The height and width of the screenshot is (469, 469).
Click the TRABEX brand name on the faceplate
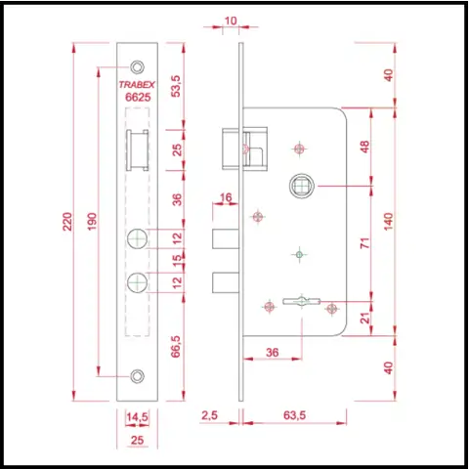coord(137,85)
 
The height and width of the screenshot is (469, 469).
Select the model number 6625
coord(138,97)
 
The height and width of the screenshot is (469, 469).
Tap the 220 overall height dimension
coord(67,222)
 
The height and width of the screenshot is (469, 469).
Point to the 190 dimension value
coord(93,222)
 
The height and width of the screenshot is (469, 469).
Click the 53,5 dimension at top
coord(176,86)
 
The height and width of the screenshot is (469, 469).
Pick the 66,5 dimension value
coord(176,347)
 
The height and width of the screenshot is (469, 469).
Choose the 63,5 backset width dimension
coord(294,415)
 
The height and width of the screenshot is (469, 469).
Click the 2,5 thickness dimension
coord(209,415)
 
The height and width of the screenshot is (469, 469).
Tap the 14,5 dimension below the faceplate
coord(137,417)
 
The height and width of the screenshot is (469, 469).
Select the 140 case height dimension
coord(389,222)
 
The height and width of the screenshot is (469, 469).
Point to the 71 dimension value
coord(365,243)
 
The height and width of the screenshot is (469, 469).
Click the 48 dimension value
coord(365,147)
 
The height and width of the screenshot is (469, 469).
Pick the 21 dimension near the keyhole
coord(366,318)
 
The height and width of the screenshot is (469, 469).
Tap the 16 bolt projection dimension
coord(226,197)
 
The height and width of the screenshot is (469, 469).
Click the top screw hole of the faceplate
coord(137,67)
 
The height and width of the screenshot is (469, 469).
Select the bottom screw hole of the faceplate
coord(137,376)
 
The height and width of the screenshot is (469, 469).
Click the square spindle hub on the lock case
coord(302,186)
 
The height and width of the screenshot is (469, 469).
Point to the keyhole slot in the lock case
coord(301,301)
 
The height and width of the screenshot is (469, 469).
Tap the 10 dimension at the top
coord(231,21)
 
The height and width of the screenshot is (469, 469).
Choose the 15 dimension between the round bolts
coord(177,261)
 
